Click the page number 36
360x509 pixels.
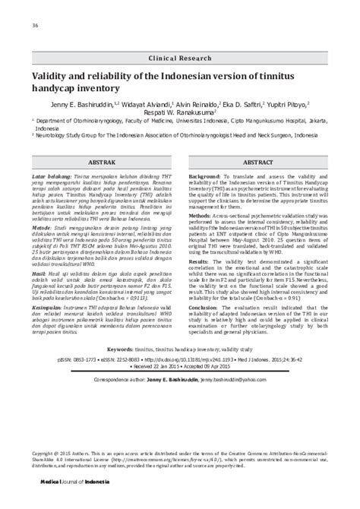coord(35,26)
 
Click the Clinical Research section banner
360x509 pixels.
coord(179,58)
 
